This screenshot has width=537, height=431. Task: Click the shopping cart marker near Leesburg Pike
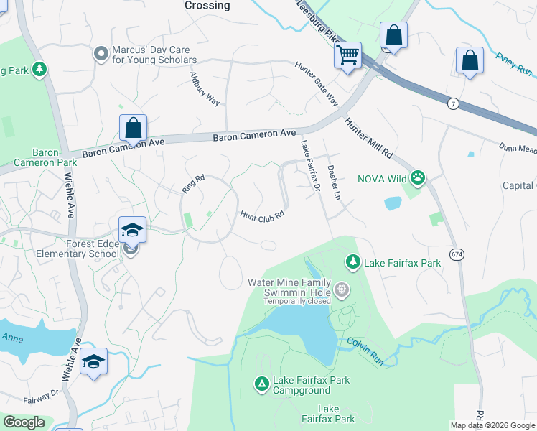pos(348,54)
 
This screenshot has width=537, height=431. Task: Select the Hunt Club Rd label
pos(263,215)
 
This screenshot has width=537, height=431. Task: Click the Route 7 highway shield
pos(452,104)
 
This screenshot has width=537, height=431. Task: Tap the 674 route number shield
pos(457,254)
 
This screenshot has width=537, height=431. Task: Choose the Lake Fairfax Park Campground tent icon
pos(262,384)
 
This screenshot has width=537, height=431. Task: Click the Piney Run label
pos(513,63)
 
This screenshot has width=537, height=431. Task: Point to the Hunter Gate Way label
pos(316,83)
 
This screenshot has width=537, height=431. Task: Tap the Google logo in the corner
pos(24,422)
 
